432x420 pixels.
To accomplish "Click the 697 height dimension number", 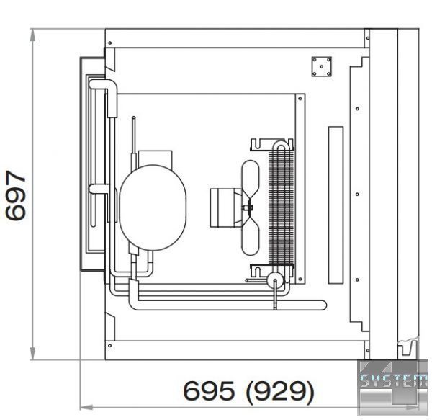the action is (16, 195).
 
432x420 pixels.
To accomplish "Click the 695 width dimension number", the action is (209, 390).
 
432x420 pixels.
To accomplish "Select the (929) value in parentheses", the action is (279, 391).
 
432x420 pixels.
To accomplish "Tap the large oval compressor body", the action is (153, 207).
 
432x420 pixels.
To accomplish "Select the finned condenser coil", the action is (281, 207).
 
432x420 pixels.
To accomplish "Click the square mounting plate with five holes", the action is (322, 66).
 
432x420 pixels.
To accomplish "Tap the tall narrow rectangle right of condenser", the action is (336, 205).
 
